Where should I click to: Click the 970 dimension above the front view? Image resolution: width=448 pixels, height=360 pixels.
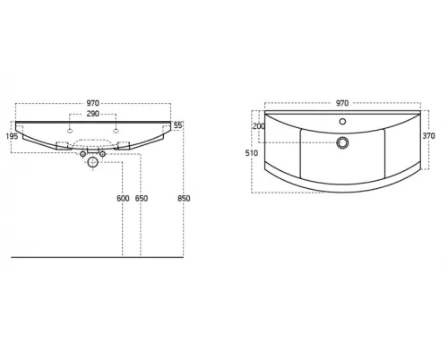pyautogui.click(x=92, y=103)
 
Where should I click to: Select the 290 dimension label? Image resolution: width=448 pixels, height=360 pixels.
pyautogui.click(x=92, y=114)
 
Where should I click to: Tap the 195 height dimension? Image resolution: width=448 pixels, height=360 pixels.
pyautogui.click(x=13, y=136)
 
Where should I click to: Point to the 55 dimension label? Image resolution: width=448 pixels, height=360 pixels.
pyautogui.click(x=177, y=125)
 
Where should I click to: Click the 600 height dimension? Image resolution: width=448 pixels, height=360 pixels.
pyautogui.click(x=123, y=198)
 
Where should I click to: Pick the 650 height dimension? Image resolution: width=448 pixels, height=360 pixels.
pyautogui.click(x=142, y=198)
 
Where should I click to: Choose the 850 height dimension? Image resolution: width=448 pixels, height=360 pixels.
pyautogui.click(x=184, y=198)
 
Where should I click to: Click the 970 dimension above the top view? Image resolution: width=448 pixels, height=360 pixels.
pyautogui.click(x=342, y=103)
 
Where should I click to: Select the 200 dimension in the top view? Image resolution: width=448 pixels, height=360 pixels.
pyautogui.click(x=259, y=126)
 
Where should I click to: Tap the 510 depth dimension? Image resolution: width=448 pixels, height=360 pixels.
pyautogui.click(x=252, y=153)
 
